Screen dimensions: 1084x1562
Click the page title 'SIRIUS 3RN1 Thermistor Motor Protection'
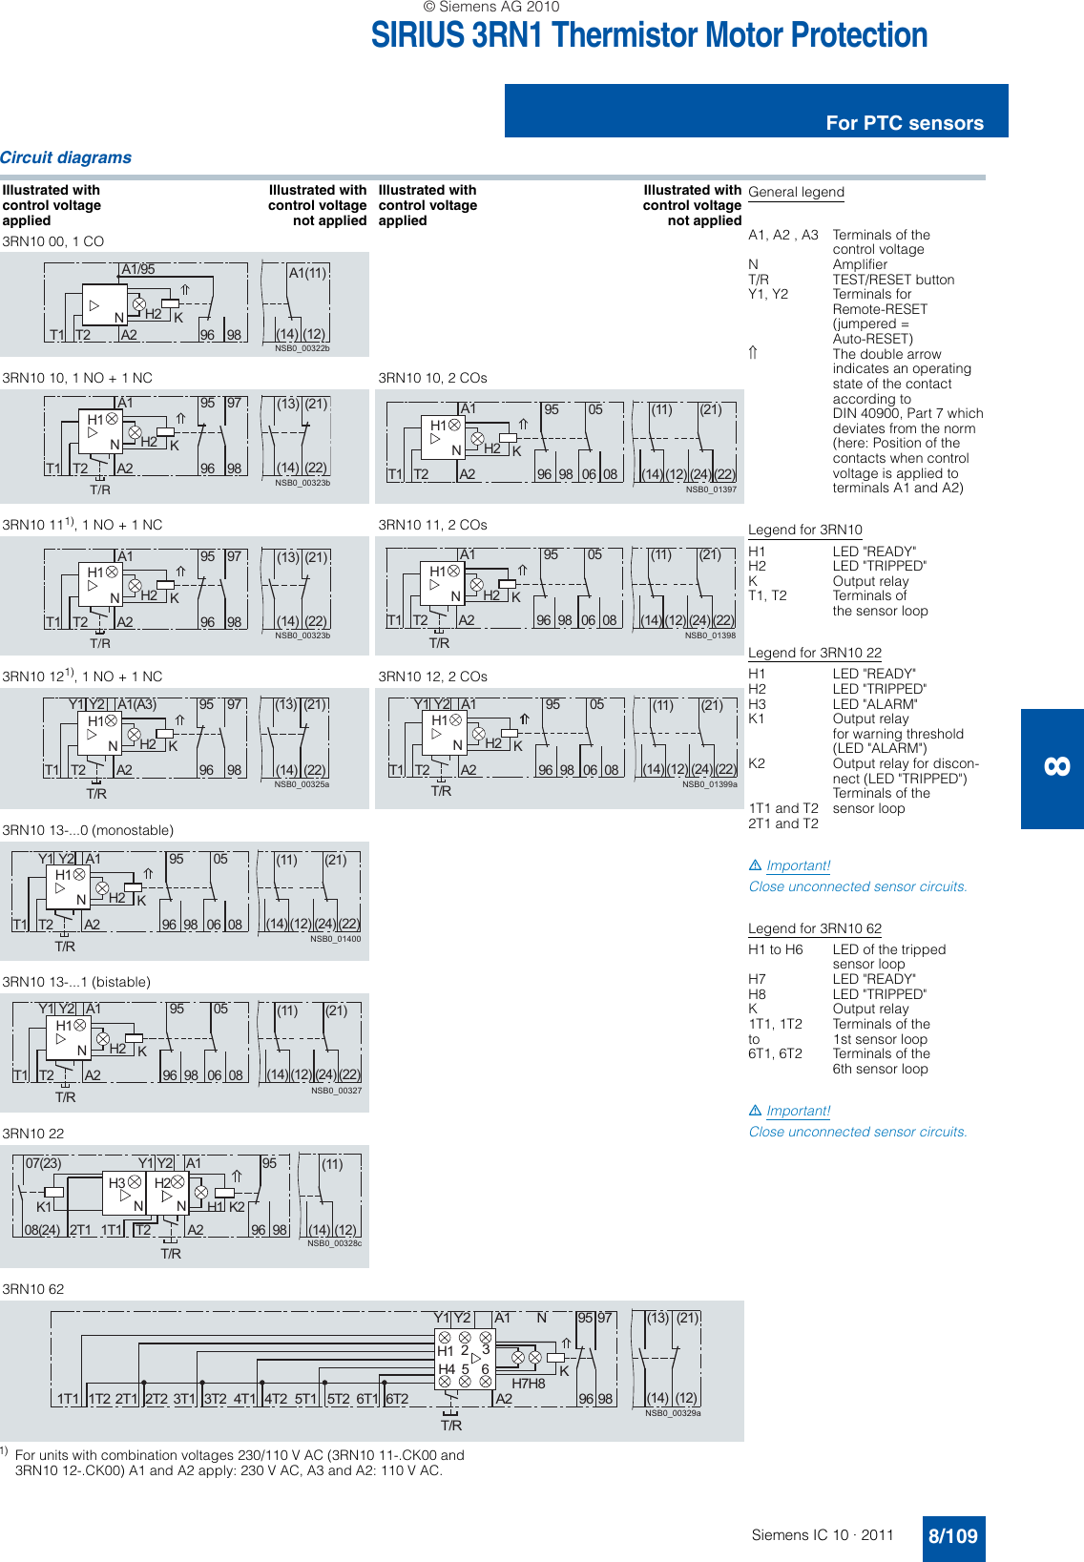click(649, 35)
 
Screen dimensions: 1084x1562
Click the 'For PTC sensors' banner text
click(904, 123)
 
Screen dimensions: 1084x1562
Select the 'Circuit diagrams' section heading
click(66, 157)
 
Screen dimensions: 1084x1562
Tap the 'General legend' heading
click(796, 192)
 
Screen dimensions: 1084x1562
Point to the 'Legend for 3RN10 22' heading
click(814, 653)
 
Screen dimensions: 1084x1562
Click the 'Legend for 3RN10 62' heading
click(814, 928)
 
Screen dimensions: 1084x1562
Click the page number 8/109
click(952, 1536)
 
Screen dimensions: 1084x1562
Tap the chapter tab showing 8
click(1055, 767)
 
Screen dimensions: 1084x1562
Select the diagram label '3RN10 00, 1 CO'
click(52, 241)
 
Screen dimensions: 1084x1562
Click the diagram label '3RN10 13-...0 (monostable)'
click(88, 830)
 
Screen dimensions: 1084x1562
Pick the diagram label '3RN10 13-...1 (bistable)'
click(76, 982)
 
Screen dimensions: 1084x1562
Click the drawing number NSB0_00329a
click(673, 1413)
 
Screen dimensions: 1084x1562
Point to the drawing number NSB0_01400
click(335, 939)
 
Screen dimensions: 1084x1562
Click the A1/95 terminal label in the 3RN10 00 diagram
click(138, 269)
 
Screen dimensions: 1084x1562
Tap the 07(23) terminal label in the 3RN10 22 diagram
click(43, 1163)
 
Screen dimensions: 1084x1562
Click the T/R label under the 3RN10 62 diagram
click(451, 1426)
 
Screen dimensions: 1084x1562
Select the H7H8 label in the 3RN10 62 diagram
click(529, 1384)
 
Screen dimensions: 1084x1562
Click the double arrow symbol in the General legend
click(753, 353)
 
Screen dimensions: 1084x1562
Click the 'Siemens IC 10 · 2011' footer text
click(823, 1535)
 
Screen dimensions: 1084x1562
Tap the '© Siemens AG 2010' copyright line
click(491, 7)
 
